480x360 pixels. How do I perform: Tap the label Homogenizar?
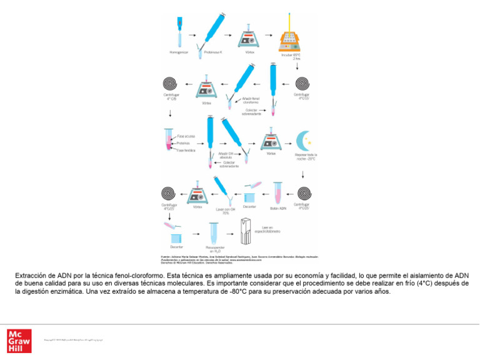point(179,52)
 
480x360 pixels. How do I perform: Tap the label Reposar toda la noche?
point(306,156)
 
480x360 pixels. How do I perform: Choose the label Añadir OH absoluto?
point(227,154)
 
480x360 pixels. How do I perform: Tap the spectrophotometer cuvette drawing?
point(246,231)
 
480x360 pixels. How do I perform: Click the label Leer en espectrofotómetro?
point(267,230)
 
